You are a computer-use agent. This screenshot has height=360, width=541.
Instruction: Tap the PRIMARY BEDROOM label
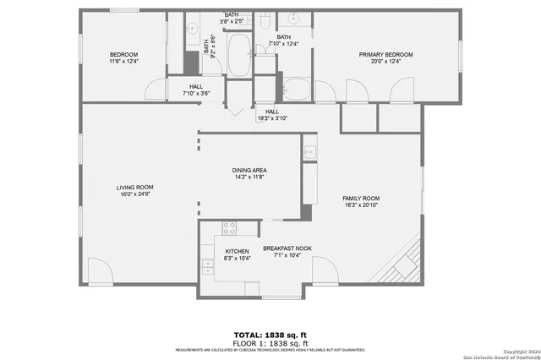[x=385, y=54]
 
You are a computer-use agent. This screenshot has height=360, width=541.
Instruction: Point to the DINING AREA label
[x=249, y=170]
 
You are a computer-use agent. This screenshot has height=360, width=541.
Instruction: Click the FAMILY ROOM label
[x=361, y=197]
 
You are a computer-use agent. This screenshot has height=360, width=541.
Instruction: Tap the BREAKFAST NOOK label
[x=287, y=248]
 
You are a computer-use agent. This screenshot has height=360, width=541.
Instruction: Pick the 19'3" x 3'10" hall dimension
[x=272, y=118]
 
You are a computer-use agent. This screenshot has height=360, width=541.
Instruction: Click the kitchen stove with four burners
[x=228, y=226]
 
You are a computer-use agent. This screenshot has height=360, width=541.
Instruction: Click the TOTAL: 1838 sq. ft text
[x=270, y=335]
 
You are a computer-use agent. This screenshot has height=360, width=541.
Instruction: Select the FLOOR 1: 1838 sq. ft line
[x=270, y=343]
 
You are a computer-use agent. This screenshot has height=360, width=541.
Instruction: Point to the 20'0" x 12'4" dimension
[x=385, y=61]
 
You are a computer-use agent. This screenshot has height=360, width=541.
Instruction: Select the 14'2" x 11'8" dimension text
[x=249, y=177]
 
